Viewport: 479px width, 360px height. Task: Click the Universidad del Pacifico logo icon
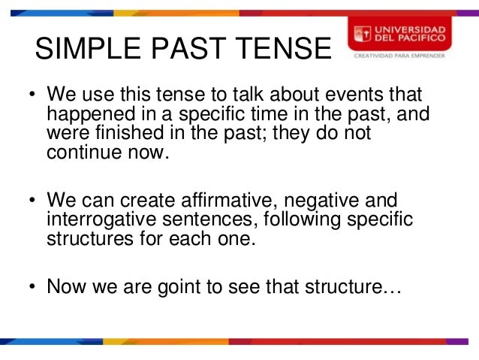(x=363, y=33)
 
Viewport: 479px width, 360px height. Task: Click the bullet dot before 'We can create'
(x=32, y=201)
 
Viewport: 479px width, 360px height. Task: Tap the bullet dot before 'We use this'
(x=32, y=96)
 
